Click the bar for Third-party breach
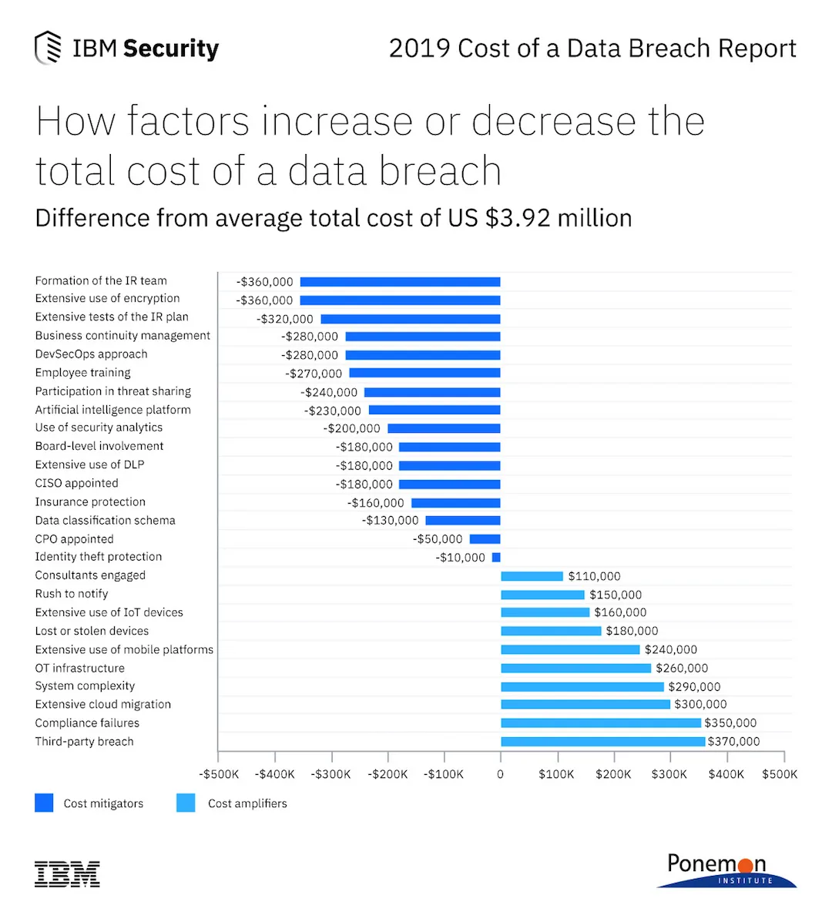[x=602, y=742]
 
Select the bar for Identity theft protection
[x=496, y=558]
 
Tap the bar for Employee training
[x=424, y=374]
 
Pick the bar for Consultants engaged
[x=532, y=576]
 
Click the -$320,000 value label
[x=285, y=319]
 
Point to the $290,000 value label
[x=694, y=687]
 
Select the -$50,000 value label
[x=438, y=539]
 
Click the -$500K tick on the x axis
[x=219, y=774]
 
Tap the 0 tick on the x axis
[x=501, y=774]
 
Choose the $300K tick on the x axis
[x=669, y=774]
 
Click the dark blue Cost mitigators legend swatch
[x=44, y=803]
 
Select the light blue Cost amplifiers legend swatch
[x=186, y=803]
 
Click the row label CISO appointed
[x=76, y=483]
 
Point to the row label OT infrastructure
[x=79, y=668]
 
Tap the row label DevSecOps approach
[x=91, y=354]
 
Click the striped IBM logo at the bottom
[x=67, y=873]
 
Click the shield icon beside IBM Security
[x=48, y=48]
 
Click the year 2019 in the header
[x=419, y=49]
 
